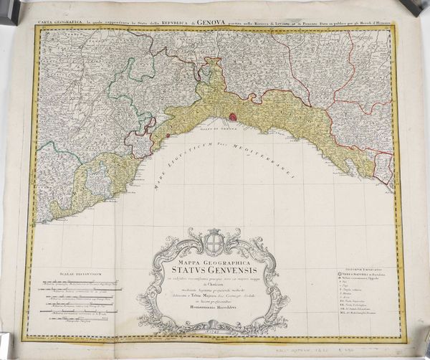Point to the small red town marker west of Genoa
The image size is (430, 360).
coord(167,133)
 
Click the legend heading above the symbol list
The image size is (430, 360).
coord(363,265)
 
